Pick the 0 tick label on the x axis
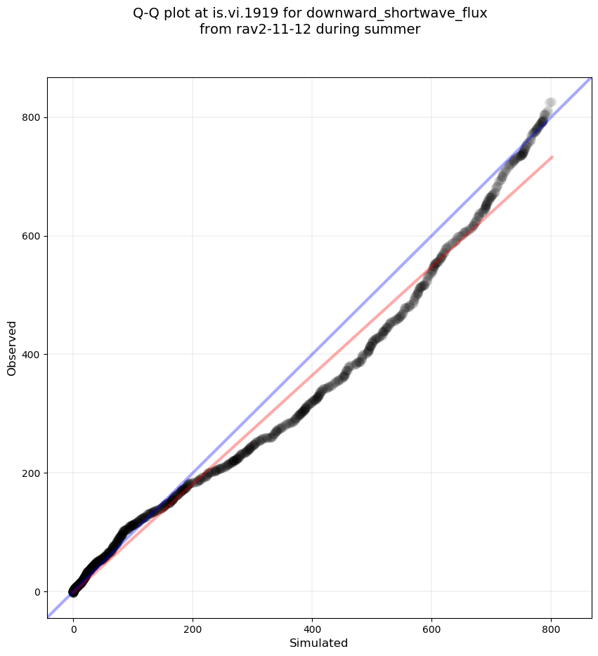pyautogui.click(x=74, y=630)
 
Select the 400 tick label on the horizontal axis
pyautogui.click(x=313, y=630)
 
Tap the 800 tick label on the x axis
pyautogui.click(x=551, y=630)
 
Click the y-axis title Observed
pyautogui.click(x=12, y=348)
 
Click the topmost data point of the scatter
pyautogui.click(x=550, y=103)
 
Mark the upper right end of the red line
pyautogui.click(x=552, y=157)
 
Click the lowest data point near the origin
pyautogui.click(x=73, y=592)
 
